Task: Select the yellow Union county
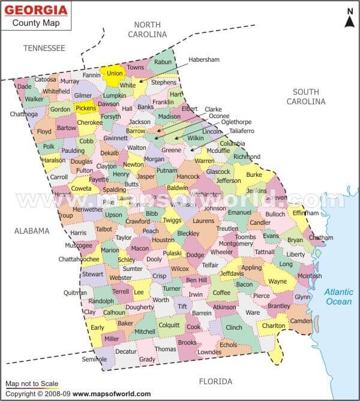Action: tap(113, 74)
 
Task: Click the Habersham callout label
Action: tap(204, 60)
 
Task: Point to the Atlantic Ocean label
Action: tap(339, 297)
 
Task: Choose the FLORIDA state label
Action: tap(215, 381)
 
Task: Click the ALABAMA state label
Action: tap(32, 230)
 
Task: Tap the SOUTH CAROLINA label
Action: tap(308, 97)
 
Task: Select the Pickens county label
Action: tap(85, 108)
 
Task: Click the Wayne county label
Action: tap(277, 281)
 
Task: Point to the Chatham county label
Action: tap(320, 238)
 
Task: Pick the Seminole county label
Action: tap(94, 359)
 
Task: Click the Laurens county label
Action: tap(203, 221)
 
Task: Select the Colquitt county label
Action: tap(169, 325)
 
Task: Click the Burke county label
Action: tap(254, 174)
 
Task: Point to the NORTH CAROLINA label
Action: tap(147, 29)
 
